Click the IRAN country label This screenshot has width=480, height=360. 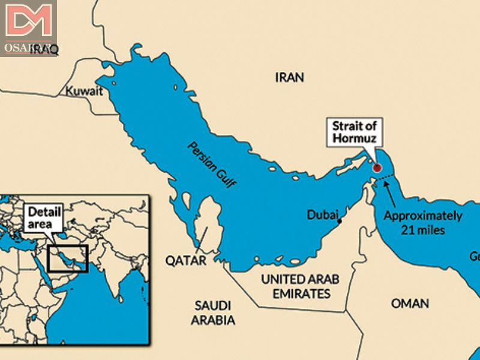coord(289,77)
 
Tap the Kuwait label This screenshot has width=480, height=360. coord(83,91)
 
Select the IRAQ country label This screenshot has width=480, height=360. coord(45,50)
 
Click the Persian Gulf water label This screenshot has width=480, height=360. coord(211,164)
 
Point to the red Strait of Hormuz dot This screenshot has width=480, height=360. coord(377,168)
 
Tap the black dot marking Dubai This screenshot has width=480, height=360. coord(340,222)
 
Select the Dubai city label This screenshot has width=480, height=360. coord(322,214)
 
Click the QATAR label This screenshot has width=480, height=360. coord(185,260)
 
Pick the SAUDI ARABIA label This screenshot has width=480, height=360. coord(213,313)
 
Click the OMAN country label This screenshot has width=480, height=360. coord(410,304)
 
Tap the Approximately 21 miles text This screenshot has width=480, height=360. coord(422,222)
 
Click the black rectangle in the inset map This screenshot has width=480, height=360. coord(68,258)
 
